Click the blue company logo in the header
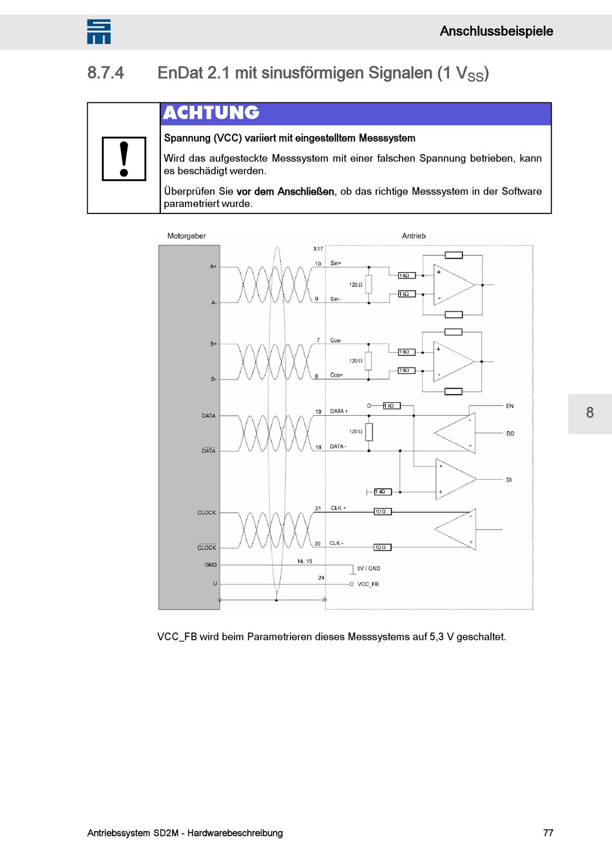(x=99, y=32)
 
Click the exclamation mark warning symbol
(x=124, y=159)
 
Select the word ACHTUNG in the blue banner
(x=211, y=113)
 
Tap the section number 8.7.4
(x=106, y=73)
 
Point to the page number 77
(x=548, y=832)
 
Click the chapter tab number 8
(x=589, y=413)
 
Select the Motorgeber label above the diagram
(x=186, y=236)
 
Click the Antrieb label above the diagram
(x=414, y=236)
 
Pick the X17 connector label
(x=318, y=249)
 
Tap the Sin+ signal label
(x=336, y=263)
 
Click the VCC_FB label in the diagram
(x=368, y=584)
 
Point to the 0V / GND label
(x=368, y=569)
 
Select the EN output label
(x=510, y=406)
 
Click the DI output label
(x=509, y=480)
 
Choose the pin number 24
(x=321, y=578)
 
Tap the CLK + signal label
(x=338, y=508)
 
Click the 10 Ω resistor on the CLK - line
(x=381, y=547)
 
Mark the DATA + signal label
(x=339, y=411)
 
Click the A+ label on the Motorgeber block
(x=213, y=266)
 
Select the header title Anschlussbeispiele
(x=496, y=31)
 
